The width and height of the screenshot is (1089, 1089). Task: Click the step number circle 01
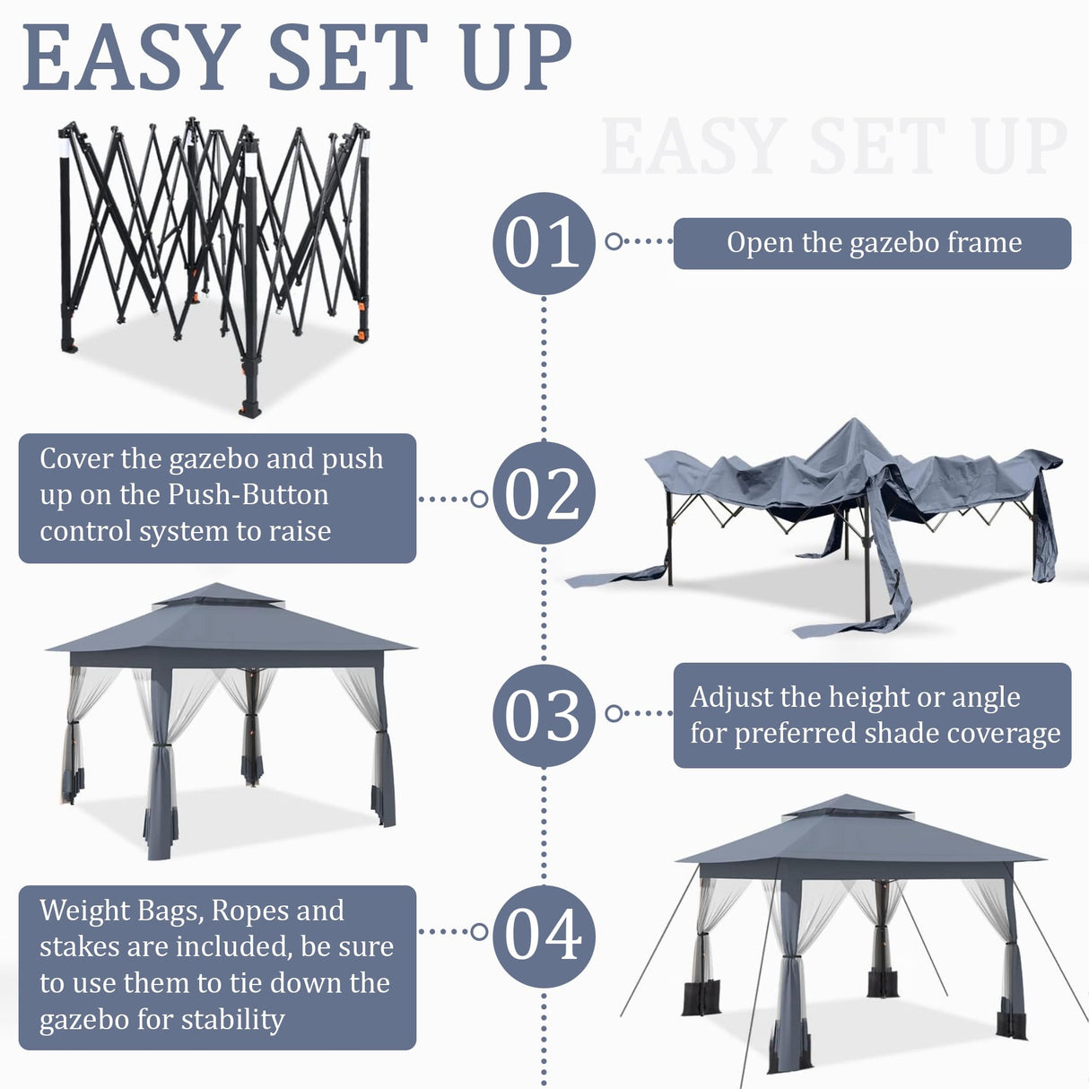click(x=544, y=243)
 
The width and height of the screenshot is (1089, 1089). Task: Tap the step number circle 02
click(x=544, y=493)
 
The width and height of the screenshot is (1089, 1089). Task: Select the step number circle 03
click(x=544, y=715)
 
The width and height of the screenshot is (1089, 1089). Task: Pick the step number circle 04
click(x=544, y=936)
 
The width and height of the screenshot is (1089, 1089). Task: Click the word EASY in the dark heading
click(x=131, y=58)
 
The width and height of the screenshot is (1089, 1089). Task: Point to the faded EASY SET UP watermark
click(x=833, y=146)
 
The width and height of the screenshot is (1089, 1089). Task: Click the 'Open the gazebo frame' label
click(x=872, y=243)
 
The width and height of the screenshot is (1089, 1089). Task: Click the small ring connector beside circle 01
click(x=614, y=241)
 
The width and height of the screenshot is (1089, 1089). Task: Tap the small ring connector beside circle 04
click(x=479, y=932)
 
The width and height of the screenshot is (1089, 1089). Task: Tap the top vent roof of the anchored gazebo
click(x=848, y=806)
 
